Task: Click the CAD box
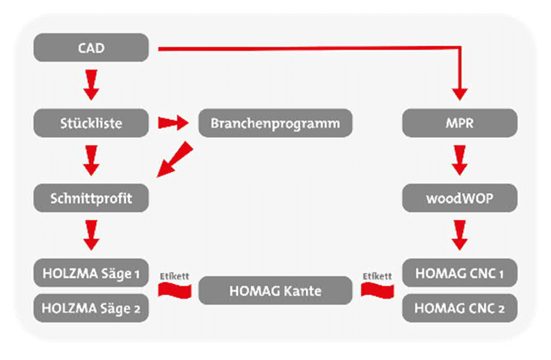pos(91,47)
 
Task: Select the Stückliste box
pos(91,123)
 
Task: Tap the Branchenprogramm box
pos(275,123)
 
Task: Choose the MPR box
pos(460,123)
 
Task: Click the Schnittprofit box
pos(91,198)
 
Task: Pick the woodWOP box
pos(460,198)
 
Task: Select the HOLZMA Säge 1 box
pos(91,273)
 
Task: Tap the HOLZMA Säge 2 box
pos(91,308)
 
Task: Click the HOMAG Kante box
pos(275,290)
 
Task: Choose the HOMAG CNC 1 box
pos(460,273)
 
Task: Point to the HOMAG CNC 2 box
pos(460,308)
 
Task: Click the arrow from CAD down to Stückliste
pos(91,85)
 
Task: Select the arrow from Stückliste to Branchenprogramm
pos(173,123)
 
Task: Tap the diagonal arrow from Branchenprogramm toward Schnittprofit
pos(175,159)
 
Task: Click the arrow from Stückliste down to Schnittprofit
pos(91,161)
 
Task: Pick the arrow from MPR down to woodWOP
pos(460,161)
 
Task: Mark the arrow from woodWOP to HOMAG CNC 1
pos(460,235)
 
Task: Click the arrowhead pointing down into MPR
pos(460,94)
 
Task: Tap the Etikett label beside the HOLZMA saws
pos(175,276)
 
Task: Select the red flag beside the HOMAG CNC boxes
pos(377,291)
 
